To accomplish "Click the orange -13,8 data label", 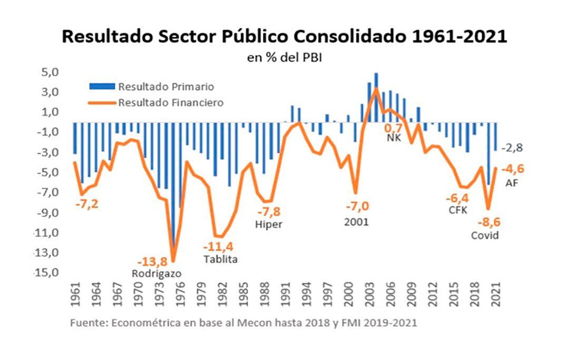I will tap(154, 261).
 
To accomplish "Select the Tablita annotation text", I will tap(220, 259).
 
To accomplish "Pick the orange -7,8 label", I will tap(269, 212).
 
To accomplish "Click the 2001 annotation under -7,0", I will tap(357, 222).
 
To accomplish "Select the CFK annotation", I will tap(457, 211).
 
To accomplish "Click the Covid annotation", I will tap(484, 235).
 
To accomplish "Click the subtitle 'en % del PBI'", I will tap(284, 58).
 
